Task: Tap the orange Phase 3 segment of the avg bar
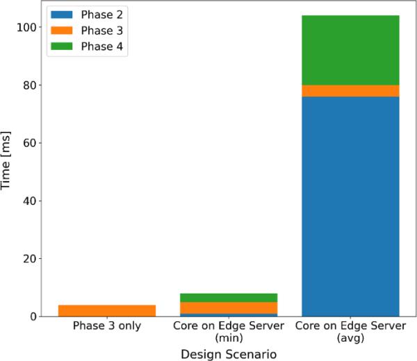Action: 350,91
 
